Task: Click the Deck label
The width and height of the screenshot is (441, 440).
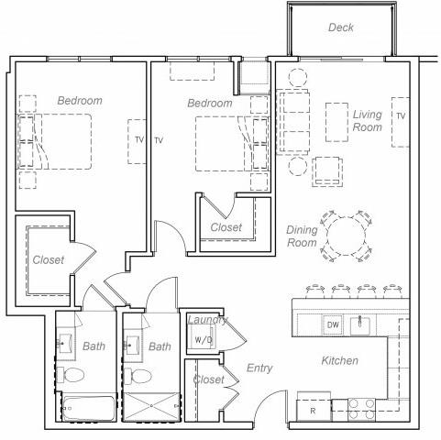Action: coord(341,27)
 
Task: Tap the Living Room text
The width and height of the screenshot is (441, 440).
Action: coord(368,121)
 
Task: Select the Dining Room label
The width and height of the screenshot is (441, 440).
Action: coord(302,236)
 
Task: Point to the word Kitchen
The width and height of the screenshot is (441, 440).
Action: coord(339,361)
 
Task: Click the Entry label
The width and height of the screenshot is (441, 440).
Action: coord(259,368)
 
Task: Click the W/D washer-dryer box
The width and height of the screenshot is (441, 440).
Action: coord(203,338)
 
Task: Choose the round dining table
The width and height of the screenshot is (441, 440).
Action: coord(348,236)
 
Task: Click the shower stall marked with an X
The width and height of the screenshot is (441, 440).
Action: coord(150,407)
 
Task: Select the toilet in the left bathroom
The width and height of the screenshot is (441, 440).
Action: coord(76,376)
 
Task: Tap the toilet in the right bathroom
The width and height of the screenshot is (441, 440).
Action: coord(139,377)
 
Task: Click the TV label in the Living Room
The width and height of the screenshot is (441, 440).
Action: coord(401,116)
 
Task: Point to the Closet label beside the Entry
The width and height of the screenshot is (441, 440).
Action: coord(208,379)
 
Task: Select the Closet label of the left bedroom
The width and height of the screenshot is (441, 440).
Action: coord(49,260)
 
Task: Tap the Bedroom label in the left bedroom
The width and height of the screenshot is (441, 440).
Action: coord(80,101)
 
